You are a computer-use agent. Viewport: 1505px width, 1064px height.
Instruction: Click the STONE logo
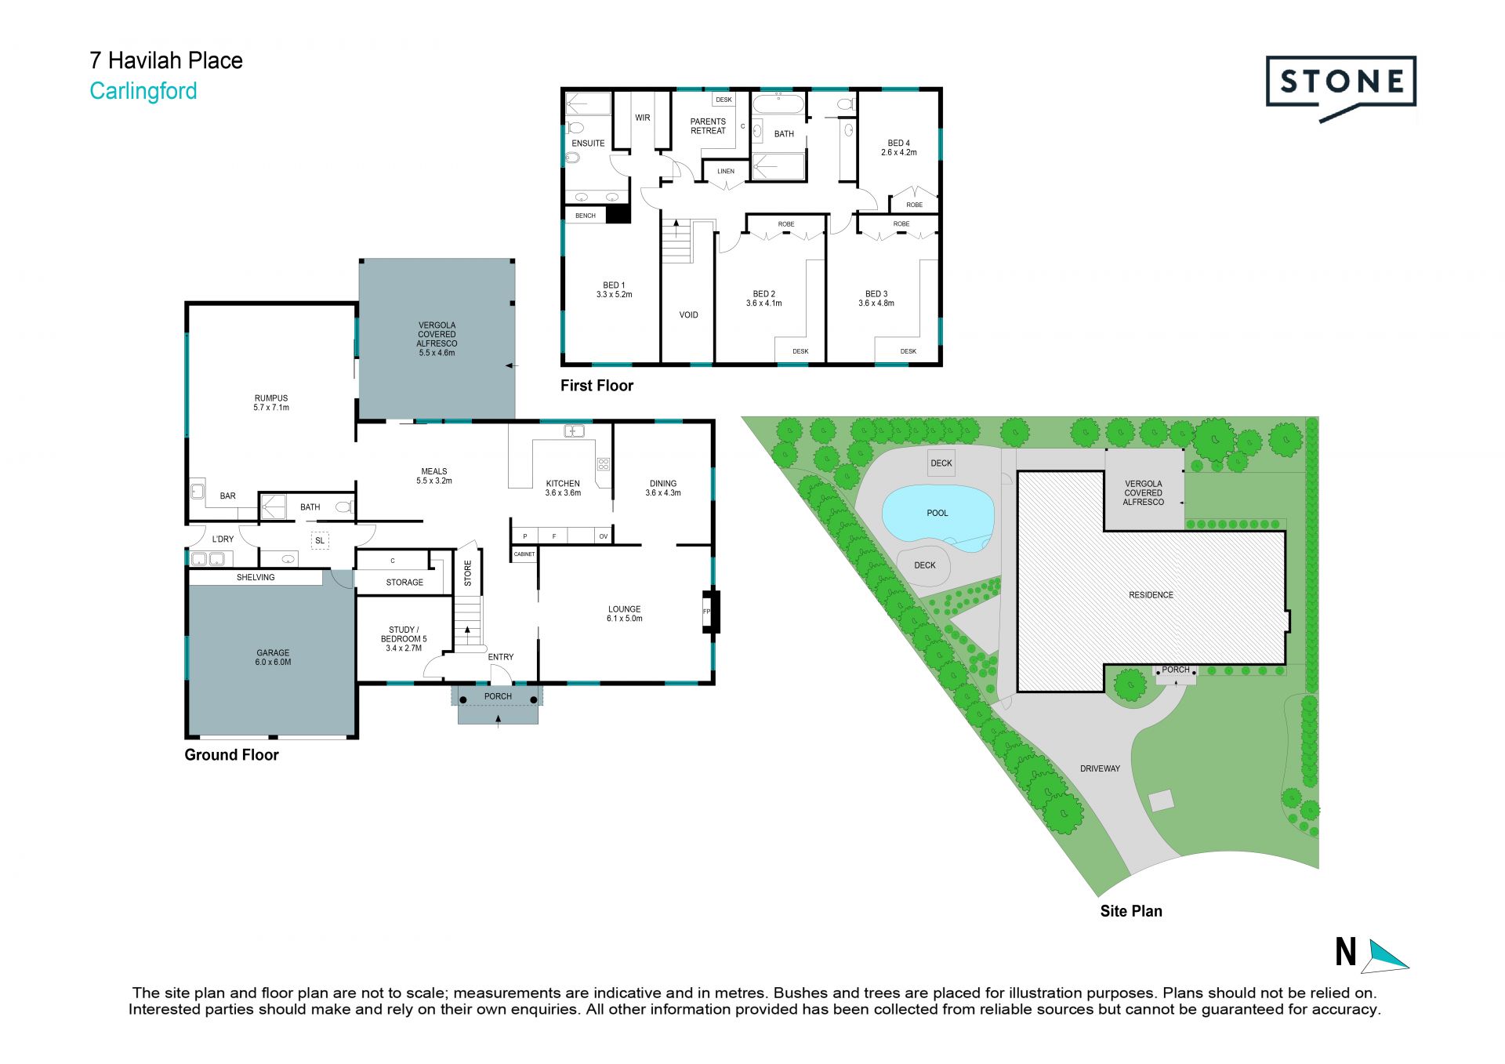tap(1340, 88)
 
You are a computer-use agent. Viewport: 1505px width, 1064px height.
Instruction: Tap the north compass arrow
tap(1387, 956)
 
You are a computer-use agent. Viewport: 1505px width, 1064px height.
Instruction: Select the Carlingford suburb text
tap(143, 91)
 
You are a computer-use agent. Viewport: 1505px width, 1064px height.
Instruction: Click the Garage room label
tap(273, 657)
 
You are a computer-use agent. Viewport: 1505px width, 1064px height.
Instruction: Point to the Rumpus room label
tap(271, 403)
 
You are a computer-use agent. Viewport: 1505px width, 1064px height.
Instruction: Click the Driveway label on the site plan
tap(1100, 768)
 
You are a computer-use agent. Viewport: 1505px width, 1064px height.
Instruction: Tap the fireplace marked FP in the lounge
tap(710, 611)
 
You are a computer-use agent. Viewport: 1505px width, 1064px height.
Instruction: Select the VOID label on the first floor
tap(688, 315)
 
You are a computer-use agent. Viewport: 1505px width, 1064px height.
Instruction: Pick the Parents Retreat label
tap(708, 126)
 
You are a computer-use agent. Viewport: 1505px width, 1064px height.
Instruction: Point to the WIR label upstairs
tap(643, 118)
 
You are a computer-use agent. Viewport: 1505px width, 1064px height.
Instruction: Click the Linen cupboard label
tap(726, 171)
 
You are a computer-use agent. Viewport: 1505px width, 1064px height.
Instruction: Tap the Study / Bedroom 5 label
tap(404, 639)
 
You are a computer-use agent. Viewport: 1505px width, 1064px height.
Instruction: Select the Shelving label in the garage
tap(256, 577)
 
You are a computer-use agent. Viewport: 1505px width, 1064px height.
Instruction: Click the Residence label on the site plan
tap(1151, 595)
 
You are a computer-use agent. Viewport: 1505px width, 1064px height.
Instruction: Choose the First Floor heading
tap(597, 386)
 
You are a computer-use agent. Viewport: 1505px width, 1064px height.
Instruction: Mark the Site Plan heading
tap(1131, 911)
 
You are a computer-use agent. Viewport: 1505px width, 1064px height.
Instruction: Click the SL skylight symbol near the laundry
tap(320, 540)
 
